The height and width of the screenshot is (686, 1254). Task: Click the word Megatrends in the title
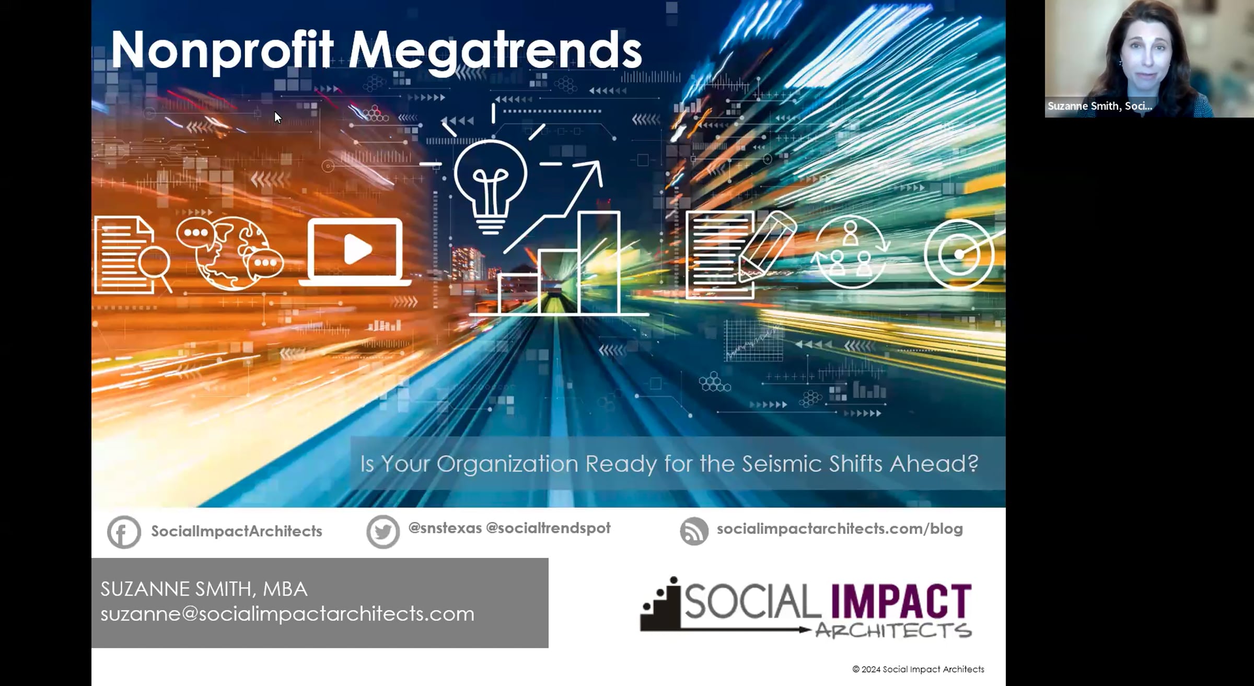[x=495, y=51]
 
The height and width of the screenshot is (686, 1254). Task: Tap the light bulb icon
[x=490, y=185]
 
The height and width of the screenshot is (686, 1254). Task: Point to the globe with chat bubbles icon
[x=230, y=253]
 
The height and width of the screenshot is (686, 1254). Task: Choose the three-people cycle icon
[x=850, y=252]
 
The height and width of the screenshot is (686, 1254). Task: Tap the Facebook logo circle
[x=124, y=532]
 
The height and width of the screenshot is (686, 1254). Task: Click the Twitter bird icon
[x=383, y=532]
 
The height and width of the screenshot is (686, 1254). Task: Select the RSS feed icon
[x=694, y=531]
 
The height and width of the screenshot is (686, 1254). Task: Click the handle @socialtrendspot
[x=548, y=528]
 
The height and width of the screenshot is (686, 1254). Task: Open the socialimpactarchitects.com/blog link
[x=840, y=529]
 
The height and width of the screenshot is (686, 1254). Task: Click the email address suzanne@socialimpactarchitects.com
[x=287, y=613]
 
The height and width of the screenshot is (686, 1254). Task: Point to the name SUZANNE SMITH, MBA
[x=204, y=589]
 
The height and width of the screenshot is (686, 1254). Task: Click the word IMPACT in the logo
[x=901, y=601]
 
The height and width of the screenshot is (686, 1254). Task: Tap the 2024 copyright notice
[x=918, y=669]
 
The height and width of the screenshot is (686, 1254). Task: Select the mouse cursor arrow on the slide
[x=278, y=118]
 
